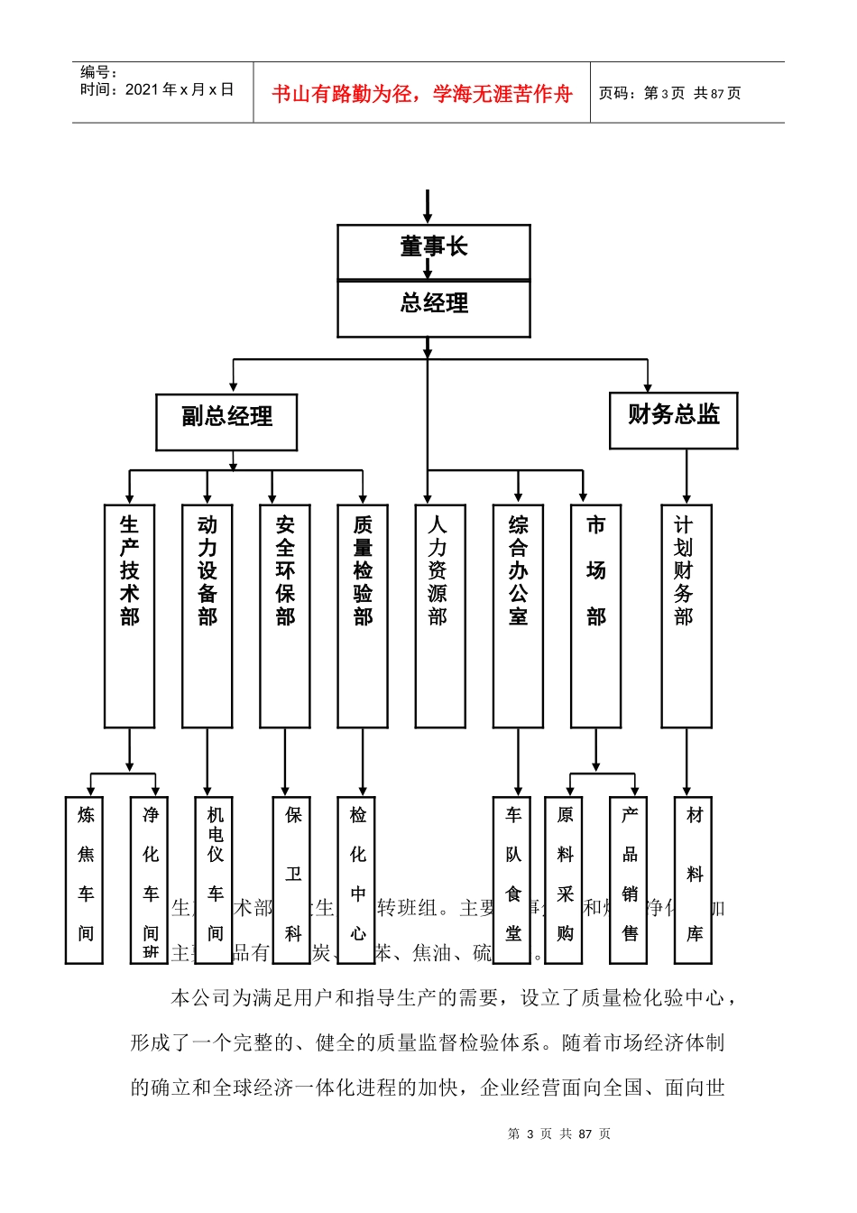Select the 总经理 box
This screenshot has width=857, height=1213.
pyautogui.click(x=433, y=309)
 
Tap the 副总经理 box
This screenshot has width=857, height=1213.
pyautogui.click(x=226, y=421)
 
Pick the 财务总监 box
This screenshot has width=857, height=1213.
pyautogui.click(x=673, y=420)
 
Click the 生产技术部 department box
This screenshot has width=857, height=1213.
pyautogui.click(x=129, y=616)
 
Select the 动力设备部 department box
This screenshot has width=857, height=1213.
pyautogui.click(x=207, y=616)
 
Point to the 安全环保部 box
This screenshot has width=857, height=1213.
pyautogui.click(x=284, y=616)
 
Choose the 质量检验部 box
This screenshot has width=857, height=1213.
pyautogui.click(x=362, y=616)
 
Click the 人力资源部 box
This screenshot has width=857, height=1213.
pyautogui.click(x=439, y=616)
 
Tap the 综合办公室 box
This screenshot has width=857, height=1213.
pyautogui.click(x=517, y=616)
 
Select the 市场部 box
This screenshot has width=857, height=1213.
pyautogui.click(x=595, y=616)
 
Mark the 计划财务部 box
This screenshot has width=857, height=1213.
pyautogui.click(x=686, y=616)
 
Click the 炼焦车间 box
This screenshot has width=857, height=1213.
pyautogui.click(x=84, y=880)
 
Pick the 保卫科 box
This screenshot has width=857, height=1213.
pyautogui.click(x=291, y=880)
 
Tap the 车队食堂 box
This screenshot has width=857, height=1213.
pyautogui.click(x=511, y=880)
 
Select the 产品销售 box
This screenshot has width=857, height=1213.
pyautogui.click(x=628, y=880)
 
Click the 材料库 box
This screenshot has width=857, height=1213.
pyautogui.click(x=693, y=880)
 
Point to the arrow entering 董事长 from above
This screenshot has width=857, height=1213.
pyautogui.click(x=428, y=207)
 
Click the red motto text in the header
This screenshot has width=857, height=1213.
pyautogui.click(x=421, y=94)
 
